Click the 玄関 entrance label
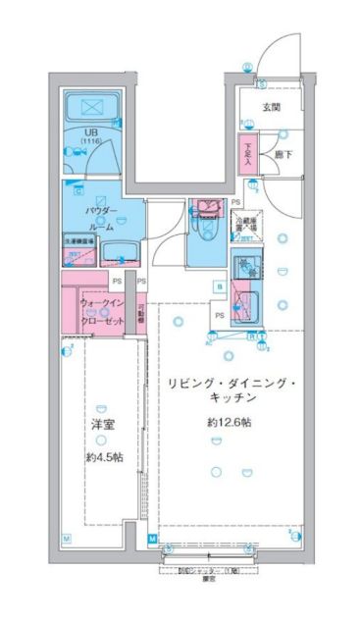tap(271, 108)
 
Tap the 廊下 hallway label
tap(283, 154)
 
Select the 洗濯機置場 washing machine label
tap(79, 239)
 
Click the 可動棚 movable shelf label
tap(142, 313)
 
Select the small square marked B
tap(219, 286)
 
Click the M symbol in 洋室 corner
tap(67, 538)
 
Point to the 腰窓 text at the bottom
tap(208, 578)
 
